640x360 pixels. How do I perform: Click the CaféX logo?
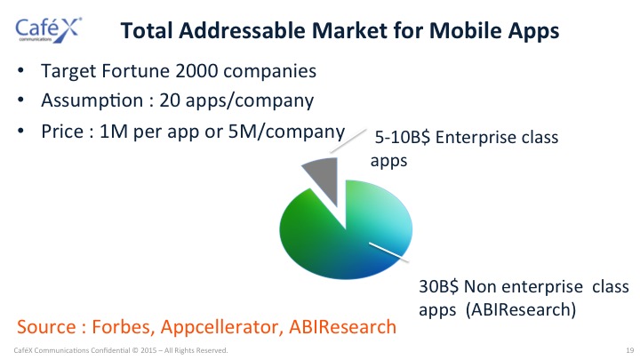click(48, 30)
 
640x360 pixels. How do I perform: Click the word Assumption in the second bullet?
click(92, 100)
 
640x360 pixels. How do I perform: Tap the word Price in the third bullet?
click(62, 132)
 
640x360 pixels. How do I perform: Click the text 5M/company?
click(286, 132)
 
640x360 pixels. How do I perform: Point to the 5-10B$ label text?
click(403, 138)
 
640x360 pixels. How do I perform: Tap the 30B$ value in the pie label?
click(439, 286)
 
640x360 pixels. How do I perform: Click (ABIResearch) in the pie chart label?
click(521, 310)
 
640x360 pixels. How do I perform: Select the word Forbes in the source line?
click(124, 327)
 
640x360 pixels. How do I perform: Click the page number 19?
click(630, 350)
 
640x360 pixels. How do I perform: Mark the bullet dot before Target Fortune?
click(20, 70)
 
